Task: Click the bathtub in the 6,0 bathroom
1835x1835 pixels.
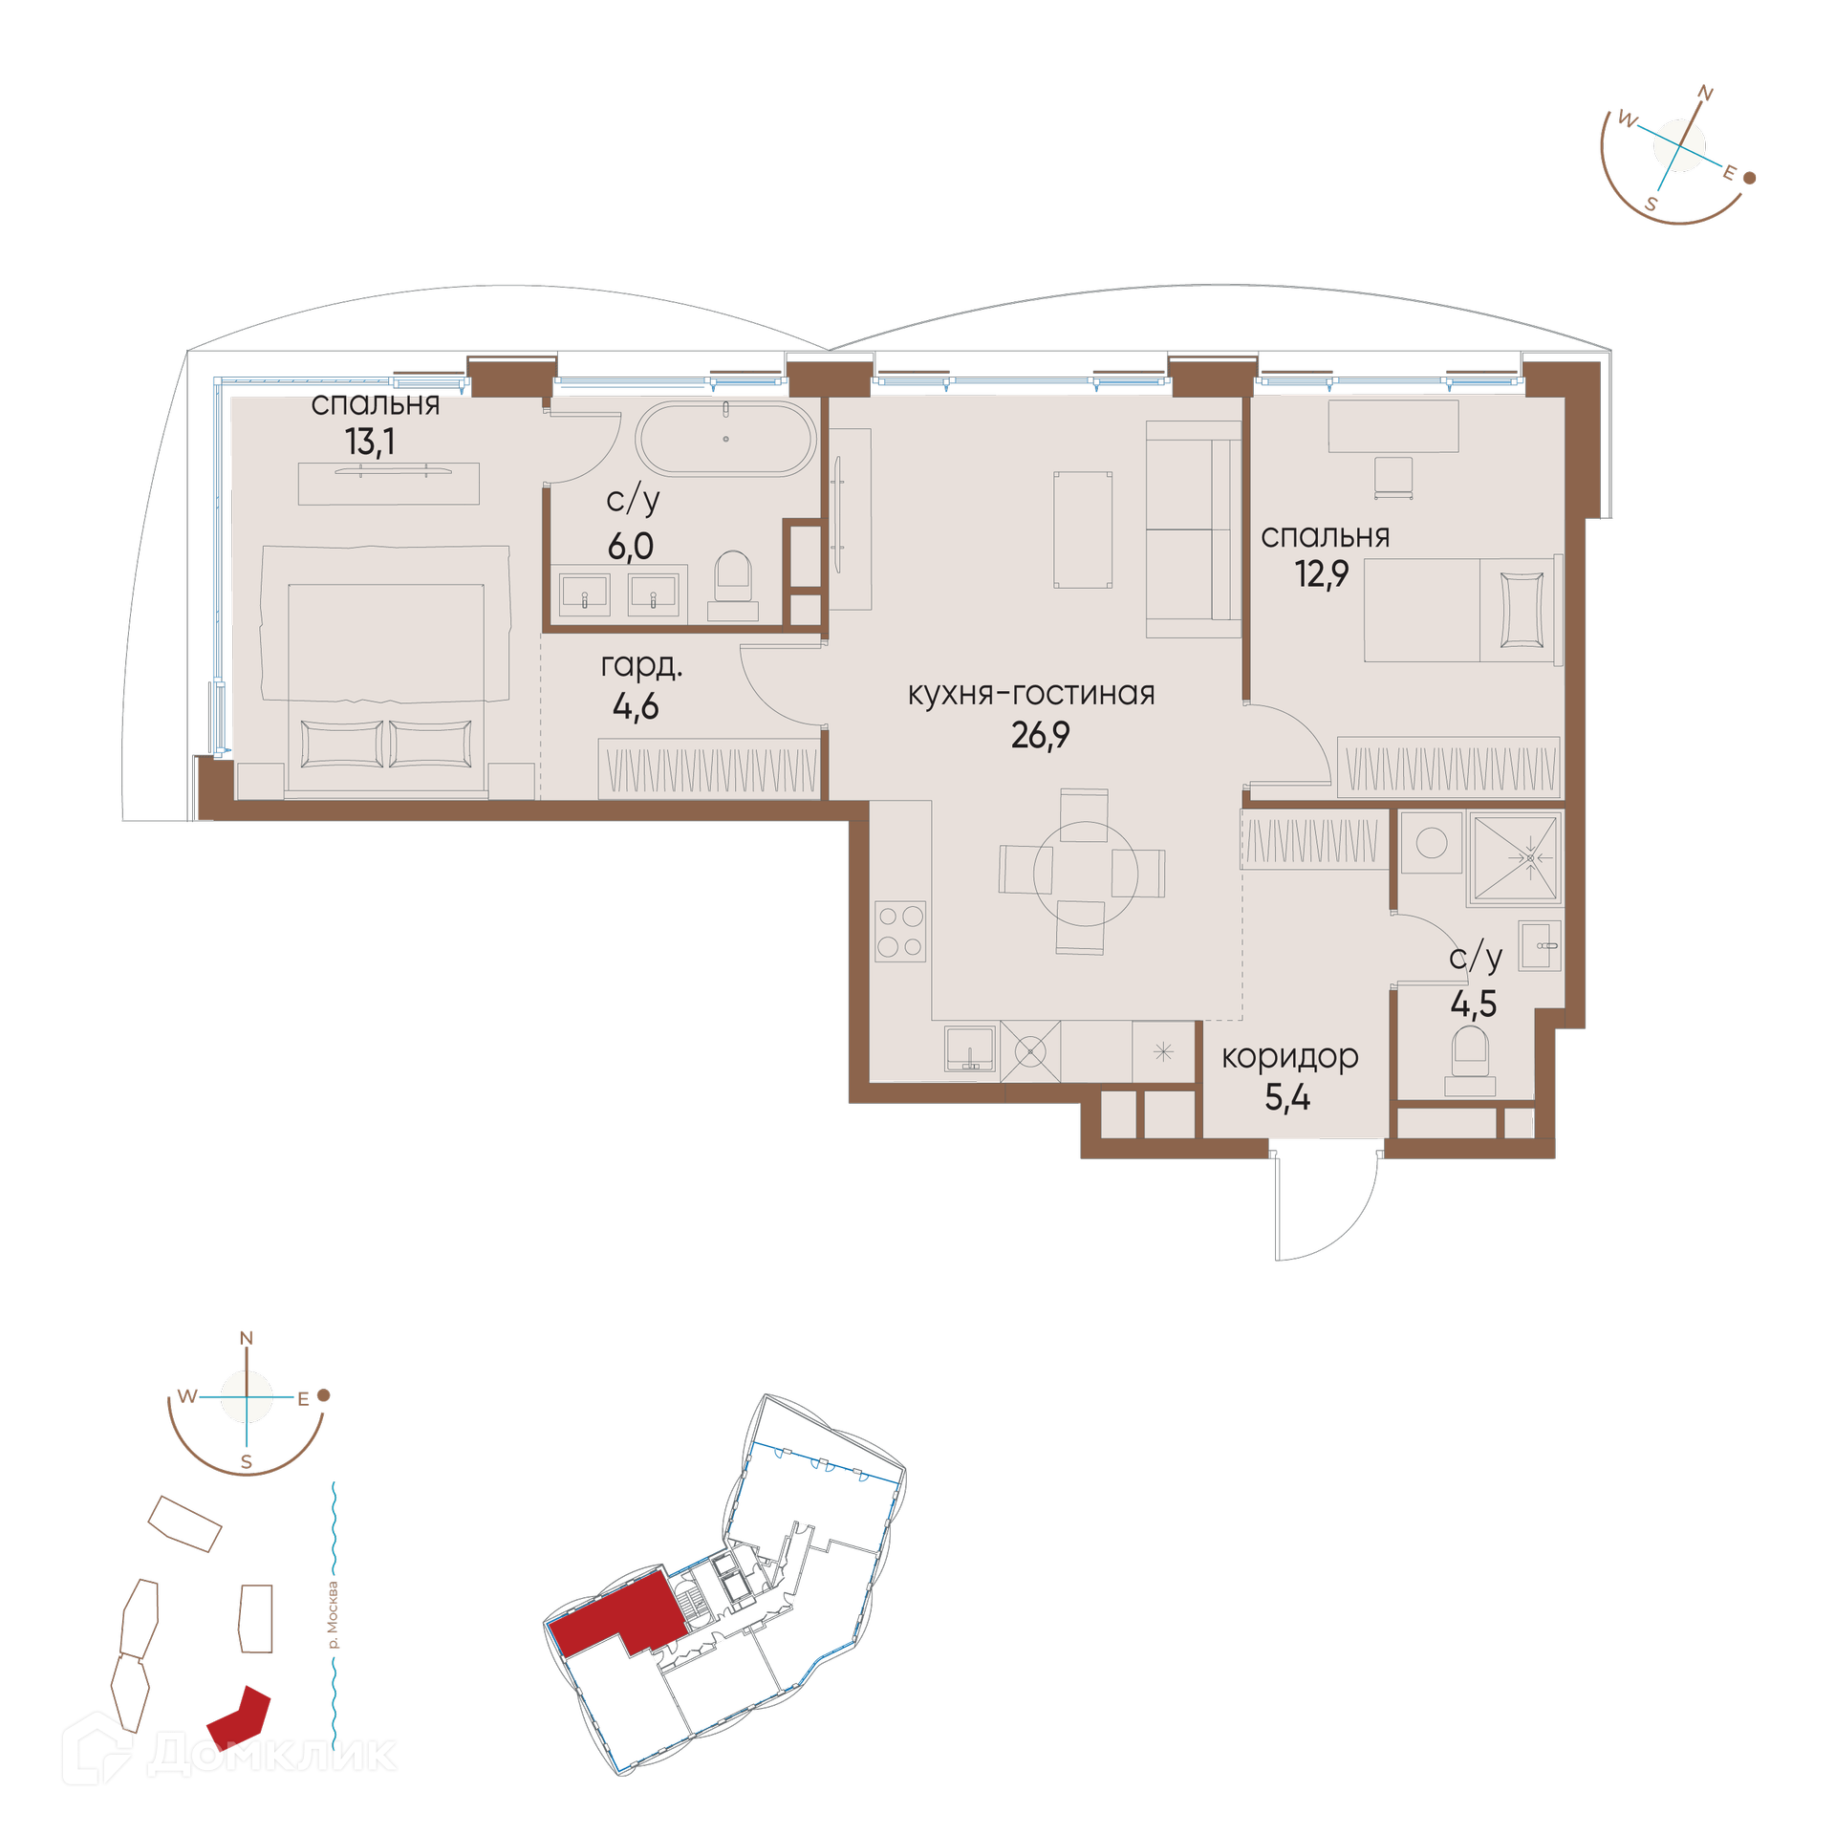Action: click(725, 439)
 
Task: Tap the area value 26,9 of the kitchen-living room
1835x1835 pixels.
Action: click(1040, 735)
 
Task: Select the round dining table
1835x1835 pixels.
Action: click(1085, 874)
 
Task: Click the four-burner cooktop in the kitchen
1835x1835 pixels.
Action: click(899, 931)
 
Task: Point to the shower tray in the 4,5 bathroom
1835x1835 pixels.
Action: click(1515, 857)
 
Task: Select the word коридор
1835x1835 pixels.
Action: click(1289, 1057)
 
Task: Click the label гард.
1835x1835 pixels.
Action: click(641, 665)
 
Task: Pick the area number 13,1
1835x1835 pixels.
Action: click(370, 442)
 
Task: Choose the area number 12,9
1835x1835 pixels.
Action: click(1321, 573)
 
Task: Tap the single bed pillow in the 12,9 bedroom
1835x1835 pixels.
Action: click(1522, 610)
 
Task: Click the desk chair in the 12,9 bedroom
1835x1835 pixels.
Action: click(1393, 477)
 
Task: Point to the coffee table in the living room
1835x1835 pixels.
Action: click(1083, 529)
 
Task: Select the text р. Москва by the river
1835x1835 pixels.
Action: click(332, 1615)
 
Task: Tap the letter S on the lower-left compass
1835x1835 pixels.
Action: click(247, 1461)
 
